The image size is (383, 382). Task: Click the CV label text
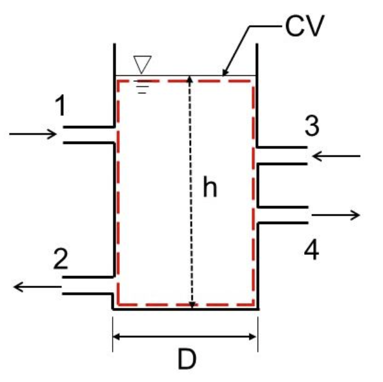point(305,27)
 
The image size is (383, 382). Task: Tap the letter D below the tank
point(187,360)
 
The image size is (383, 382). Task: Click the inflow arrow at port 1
point(33,134)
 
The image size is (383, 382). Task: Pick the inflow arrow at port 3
point(336,157)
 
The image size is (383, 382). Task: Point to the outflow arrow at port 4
point(336,214)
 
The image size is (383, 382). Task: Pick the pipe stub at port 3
point(282,155)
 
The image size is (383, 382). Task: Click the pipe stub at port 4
point(282,214)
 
